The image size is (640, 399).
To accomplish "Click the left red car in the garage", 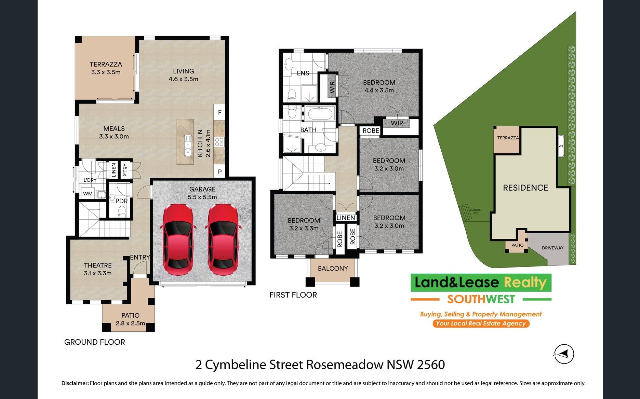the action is (x=178, y=239).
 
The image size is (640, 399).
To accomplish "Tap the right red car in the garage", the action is (x=223, y=239).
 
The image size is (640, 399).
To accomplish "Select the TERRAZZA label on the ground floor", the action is (x=106, y=64).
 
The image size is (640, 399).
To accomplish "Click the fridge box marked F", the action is (x=219, y=112).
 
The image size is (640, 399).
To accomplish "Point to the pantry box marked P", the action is (x=219, y=172).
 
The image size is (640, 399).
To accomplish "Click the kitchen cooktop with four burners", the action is (x=219, y=142).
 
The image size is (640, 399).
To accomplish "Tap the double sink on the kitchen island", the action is (x=188, y=146).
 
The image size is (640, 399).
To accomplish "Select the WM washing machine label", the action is (x=88, y=194).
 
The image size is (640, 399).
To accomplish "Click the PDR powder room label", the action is (x=121, y=201).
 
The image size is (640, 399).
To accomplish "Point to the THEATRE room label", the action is (x=98, y=265).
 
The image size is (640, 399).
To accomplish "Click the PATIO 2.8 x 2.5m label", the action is (x=130, y=319).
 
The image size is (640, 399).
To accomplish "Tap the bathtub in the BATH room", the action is (x=320, y=113).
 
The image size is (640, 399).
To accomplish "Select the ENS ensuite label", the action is (x=303, y=73).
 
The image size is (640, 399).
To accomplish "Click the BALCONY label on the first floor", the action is (x=333, y=269).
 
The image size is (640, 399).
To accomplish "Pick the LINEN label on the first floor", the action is (x=346, y=218).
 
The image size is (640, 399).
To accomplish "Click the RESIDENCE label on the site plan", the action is (x=525, y=188).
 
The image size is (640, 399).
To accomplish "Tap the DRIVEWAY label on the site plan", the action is (x=552, y=248).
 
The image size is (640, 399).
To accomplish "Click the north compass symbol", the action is (x=564, y=354).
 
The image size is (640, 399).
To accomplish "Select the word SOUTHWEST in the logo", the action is (x=481, y=299).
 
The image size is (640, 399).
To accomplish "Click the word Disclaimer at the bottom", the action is (x=75, y=383).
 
